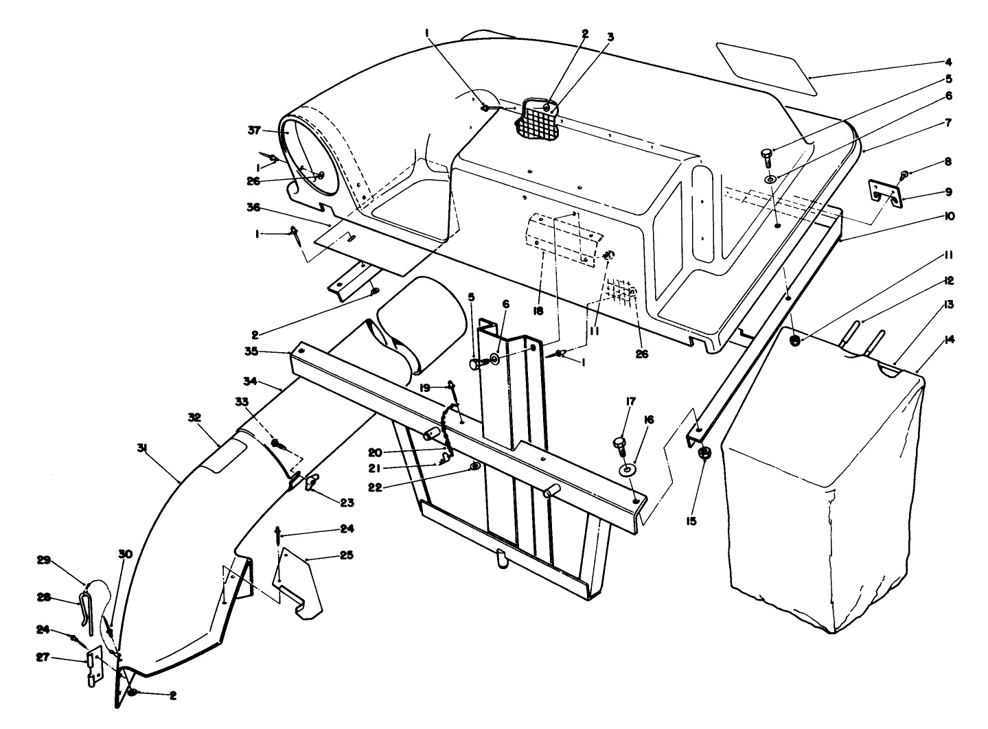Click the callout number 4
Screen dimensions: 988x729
click(x=948, y=62)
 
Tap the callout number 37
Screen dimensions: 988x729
click(x=254, y=130)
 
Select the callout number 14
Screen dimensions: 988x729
click(x=950, y=340)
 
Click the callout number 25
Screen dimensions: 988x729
click(x=347, y=555)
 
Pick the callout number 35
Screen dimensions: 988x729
click(x=251, y=351)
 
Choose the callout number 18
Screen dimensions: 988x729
click(x=538, y=311)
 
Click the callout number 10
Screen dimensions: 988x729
click(x=949, y=216)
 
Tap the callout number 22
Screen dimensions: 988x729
click(x=375, y=487)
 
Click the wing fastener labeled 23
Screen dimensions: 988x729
click(x=312, y=483)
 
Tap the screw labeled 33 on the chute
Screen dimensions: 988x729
click(x=278, y=443)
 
